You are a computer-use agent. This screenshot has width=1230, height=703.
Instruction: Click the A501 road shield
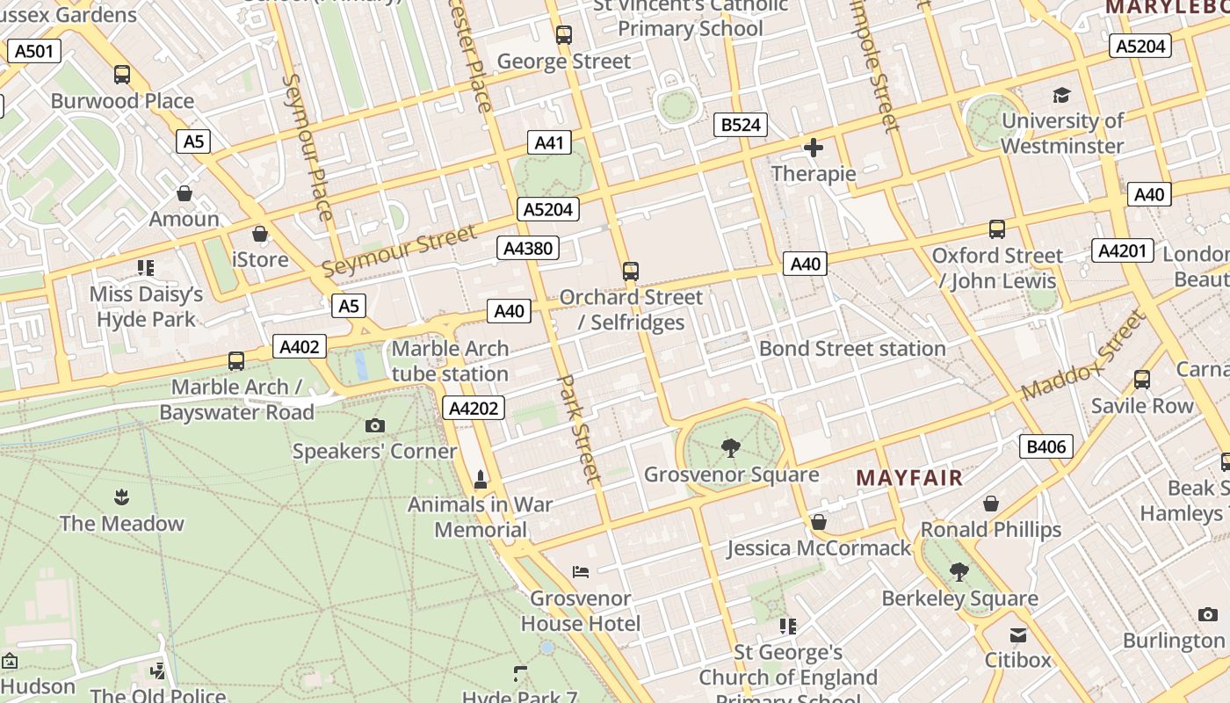coord(35,51)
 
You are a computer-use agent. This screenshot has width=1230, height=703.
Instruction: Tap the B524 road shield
coord(741,125)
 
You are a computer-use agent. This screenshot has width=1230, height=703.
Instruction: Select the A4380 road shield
coord(528,248)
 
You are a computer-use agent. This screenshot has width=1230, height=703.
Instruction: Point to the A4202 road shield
coord(474,408)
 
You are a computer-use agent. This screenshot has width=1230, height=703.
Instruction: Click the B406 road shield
coord(1046,446)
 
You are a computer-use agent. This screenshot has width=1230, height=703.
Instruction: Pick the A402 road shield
coord(299,346)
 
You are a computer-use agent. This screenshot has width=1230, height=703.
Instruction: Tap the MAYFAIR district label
coord(909,478)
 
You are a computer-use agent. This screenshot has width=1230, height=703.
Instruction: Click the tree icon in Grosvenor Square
coord(730,449)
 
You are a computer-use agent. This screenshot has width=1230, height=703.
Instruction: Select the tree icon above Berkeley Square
coord(959,572)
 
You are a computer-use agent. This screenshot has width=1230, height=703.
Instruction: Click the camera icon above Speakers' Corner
coord(375,426)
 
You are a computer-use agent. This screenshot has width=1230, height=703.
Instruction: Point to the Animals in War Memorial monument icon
coord(480,480)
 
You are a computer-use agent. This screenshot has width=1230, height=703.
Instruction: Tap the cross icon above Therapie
coord(814,148)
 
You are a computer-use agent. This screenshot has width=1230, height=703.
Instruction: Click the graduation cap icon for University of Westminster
coord(1062,95)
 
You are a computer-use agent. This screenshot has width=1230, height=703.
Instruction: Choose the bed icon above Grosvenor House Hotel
coord(581,572)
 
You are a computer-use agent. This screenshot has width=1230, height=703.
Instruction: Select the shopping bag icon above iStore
coord(260,234)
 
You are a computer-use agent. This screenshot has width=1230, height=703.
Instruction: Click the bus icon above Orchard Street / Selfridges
coord(631,271)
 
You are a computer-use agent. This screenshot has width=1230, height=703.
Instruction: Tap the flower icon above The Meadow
coord(121,498)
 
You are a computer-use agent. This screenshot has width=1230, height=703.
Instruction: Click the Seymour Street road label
coord(399,250)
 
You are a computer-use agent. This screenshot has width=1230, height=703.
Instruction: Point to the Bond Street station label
coord(852,349)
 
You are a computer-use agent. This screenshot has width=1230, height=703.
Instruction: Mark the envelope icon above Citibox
coord(1017,634)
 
